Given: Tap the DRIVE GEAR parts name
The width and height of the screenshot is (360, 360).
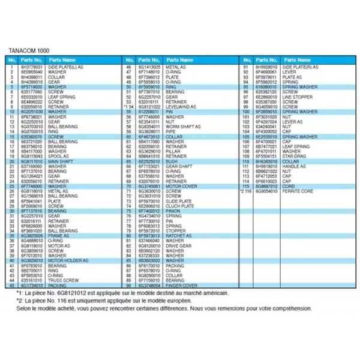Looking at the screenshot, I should click(175, 245).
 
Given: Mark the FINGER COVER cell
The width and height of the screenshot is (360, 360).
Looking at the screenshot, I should click(176, 284).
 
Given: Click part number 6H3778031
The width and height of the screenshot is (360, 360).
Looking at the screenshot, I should click(29, 68).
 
